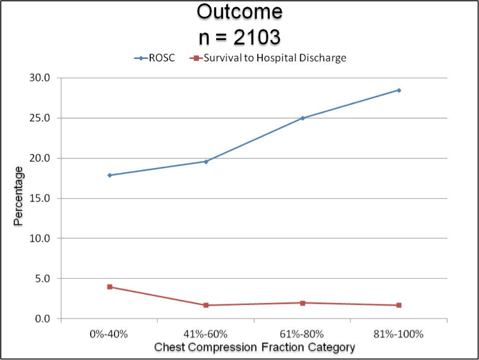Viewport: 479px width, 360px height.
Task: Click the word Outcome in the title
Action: (239, 12)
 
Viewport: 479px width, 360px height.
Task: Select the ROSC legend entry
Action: (155, 58)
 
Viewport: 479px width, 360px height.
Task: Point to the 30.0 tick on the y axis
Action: (42, 78)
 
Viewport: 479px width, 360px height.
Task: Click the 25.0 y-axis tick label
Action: (42, 118)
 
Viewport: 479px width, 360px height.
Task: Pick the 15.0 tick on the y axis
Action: (42, 198)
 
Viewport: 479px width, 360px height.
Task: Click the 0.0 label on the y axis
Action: (43, 318)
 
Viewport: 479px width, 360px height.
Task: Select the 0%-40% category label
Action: (109, 334)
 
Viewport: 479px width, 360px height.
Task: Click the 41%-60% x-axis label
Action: (206, 334)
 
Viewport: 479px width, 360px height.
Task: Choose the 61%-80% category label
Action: (302, 334)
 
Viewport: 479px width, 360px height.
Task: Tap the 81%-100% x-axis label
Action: (399, 334)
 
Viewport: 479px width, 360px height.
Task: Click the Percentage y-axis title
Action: (19, 196)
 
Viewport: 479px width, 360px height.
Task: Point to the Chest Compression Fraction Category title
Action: (254, 347)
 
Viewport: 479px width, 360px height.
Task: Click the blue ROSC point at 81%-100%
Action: (399, 90)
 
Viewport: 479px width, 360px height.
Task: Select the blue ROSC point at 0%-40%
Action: (109, 175)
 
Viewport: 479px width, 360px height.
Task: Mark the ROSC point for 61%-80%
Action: (302, 118)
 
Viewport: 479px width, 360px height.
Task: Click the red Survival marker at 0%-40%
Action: (109, 287)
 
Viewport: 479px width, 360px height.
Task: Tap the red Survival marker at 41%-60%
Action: (206, 305)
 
